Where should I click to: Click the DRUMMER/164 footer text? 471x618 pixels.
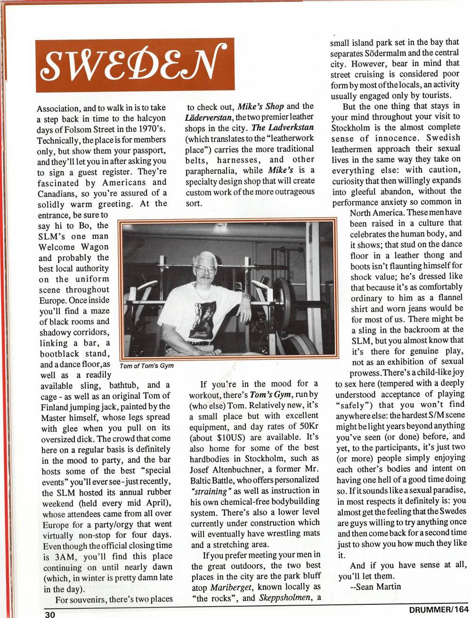click(x=438, y=610)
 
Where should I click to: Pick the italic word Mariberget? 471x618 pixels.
click(x=229, y=587)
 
